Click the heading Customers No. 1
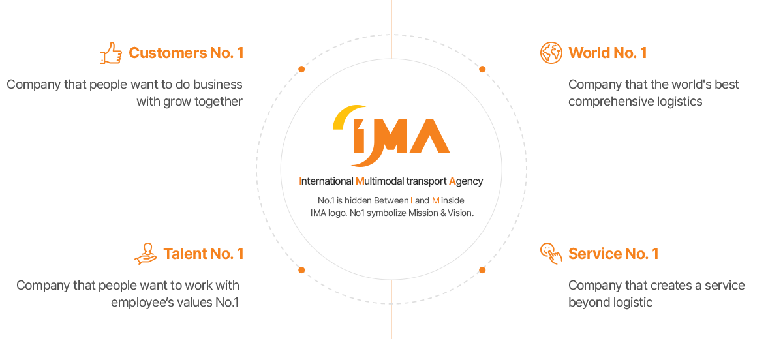[186, 53]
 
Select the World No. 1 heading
[607, 53]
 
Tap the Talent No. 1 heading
[203, 254]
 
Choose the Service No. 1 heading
[613, 254]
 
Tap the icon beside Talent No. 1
[145, 254]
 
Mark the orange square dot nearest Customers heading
[301, 69]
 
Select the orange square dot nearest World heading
[482, 69]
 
